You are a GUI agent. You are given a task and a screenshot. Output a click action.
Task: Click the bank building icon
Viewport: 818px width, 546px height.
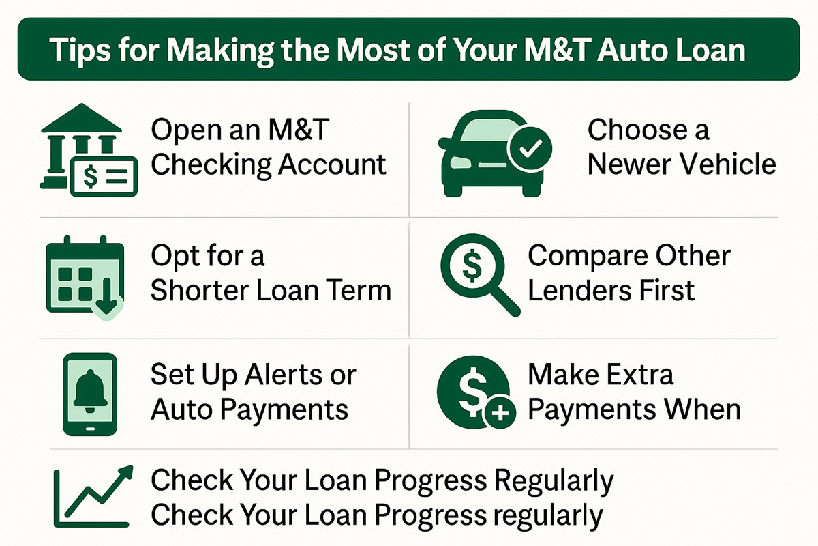81,145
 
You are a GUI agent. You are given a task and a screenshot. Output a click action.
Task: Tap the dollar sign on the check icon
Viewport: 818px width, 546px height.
90,176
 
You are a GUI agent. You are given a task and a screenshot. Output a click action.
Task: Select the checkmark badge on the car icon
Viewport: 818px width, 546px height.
530,149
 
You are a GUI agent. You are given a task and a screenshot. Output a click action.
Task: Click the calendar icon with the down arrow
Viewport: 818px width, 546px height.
85,277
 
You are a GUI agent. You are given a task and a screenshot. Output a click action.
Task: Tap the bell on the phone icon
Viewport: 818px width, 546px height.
90,391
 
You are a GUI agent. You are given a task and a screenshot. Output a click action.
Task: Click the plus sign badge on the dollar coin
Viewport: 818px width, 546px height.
500,413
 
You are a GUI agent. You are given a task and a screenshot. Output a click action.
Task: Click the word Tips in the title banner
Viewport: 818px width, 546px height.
80,50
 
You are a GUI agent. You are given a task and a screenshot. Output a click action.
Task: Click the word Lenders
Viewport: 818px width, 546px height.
579,290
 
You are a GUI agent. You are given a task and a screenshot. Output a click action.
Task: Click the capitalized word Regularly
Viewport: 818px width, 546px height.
554,482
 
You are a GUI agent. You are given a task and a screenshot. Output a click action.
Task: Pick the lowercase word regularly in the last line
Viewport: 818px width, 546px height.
549,517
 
